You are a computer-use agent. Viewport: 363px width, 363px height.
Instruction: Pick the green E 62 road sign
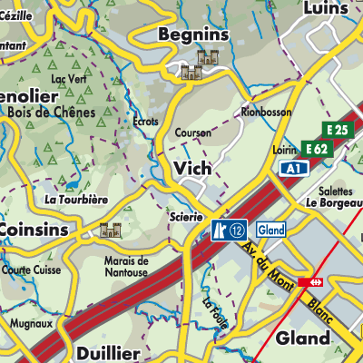tap(317, 148)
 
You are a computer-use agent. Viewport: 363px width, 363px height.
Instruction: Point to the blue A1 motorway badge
tap(291, 169)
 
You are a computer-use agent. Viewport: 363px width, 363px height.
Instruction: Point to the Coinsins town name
tap(34, 230)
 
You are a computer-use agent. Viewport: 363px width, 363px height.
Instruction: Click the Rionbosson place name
tap(264, 112)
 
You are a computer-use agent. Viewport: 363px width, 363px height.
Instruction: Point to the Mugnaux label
tap(31, 322)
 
